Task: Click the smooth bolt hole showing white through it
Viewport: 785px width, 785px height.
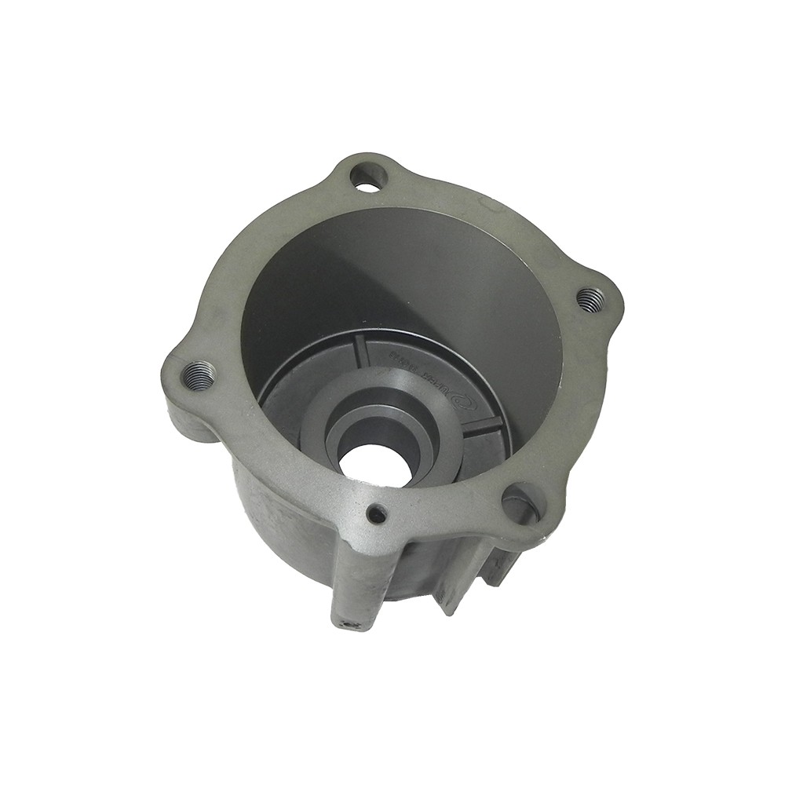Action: [365, 176]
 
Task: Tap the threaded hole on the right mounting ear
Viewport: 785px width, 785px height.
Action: [590, 299]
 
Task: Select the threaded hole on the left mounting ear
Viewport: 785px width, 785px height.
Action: [199, 374]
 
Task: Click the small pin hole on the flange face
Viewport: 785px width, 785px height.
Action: [378, 514]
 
